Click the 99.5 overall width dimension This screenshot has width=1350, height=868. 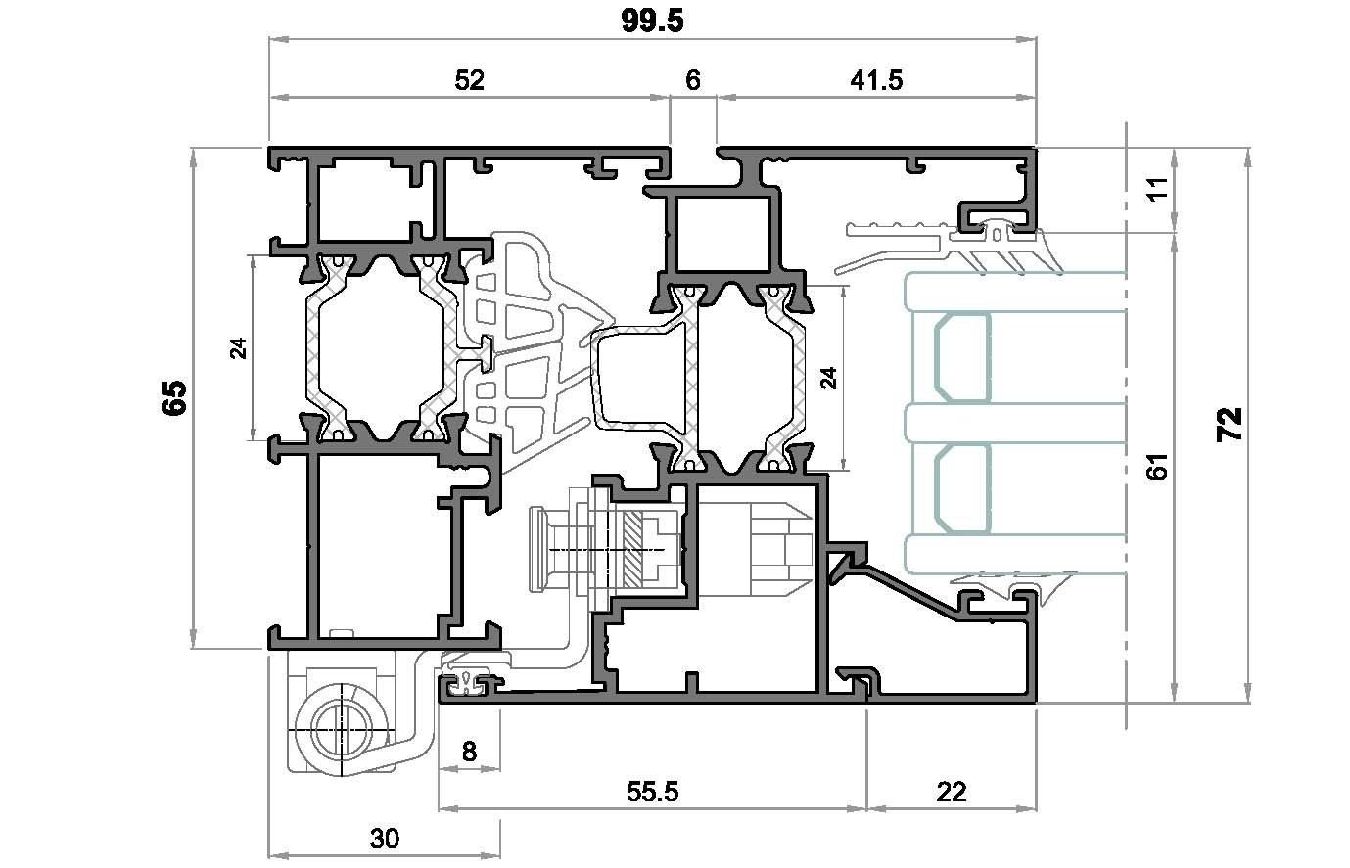[x=653, y=22]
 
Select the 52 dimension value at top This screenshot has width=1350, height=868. [x=469, y=80]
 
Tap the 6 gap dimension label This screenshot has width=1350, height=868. [x=693, y=80]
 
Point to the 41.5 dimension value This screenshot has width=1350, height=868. [x=876, y=80]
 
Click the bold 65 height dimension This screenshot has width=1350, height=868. [x=174, y=397]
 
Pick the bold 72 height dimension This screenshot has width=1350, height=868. [x=1230, y=425]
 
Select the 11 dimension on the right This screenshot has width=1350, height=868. [x=1158, y=188]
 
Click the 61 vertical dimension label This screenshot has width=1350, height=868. [x=1158, y=467]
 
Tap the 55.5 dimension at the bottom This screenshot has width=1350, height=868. [x=652, y=792]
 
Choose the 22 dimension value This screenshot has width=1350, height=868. [x=951, y=792]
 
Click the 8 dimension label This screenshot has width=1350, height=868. [x=469, y=752]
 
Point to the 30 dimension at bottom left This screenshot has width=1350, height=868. [x=385, y=839]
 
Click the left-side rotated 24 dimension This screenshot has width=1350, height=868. [x=239, y=348]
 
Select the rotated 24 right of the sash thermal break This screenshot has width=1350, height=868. [x=829, y=379]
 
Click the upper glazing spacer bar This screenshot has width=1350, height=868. [x=962, y=358]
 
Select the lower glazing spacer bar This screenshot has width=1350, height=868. [x=962, y=488]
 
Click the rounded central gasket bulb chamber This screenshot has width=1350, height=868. [x=639, y=380]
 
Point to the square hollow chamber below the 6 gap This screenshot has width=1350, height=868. [x=722, y=234]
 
